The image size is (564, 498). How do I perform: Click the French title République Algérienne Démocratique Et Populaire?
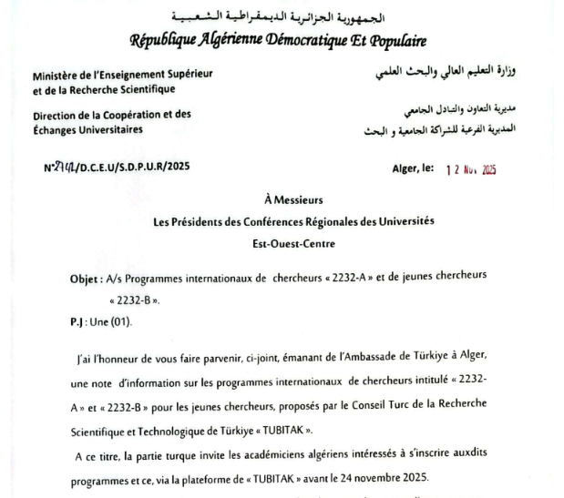(279, 41)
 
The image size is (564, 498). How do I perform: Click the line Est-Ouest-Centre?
(282, 243)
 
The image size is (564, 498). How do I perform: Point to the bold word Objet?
(85, 278)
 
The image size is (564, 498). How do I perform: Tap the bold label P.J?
(77, 320)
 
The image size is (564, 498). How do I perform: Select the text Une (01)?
(109, 320)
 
